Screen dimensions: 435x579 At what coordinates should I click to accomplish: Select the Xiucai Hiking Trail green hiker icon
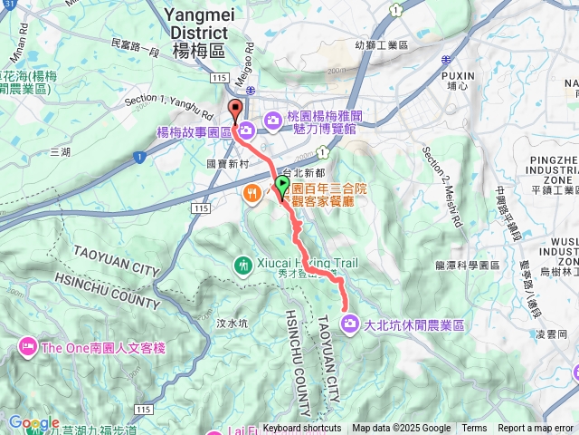click(243, 265)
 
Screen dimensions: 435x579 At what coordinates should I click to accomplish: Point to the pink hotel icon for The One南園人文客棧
click(28, 346)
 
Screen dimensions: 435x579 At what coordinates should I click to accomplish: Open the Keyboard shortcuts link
click(302, 429)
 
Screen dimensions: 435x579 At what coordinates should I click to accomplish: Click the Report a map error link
click(536, 429)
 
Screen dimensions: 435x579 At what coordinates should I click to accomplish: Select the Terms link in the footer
click(474, 429)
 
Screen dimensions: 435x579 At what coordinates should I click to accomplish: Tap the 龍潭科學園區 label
click(468, 266)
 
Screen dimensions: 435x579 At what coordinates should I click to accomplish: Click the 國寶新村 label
click(226, 164)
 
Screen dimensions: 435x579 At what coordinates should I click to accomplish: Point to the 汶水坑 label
click(233, 323)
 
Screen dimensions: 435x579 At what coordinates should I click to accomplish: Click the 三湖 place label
click(61, 152)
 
